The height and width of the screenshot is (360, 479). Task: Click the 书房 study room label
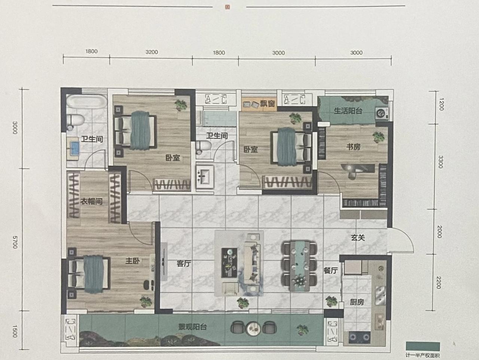click(x=353, y=147)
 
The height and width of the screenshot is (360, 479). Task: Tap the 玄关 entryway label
click(x=358, y=237)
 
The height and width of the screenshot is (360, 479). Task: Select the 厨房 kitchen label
click(x=357, y=302)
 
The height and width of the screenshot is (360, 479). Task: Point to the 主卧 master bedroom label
click(x=132, y=261)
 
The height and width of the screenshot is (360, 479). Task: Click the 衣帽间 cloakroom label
click(x=91, y=201)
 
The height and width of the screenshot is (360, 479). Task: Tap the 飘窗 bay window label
click(x=267, y=104)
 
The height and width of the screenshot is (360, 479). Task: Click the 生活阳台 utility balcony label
click(x=348, y=111)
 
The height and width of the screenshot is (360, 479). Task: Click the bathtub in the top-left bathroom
click(x=87, y=101)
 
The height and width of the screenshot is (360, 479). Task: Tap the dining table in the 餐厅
click(x=300, y=266)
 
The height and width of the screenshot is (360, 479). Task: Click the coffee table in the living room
click(x=229, y=262)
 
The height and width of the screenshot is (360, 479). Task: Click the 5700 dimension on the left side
click(x=15, y=242)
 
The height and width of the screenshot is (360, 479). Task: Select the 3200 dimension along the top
click(x=152, y=52)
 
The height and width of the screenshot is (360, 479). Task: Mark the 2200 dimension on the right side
click(x=439, y=282)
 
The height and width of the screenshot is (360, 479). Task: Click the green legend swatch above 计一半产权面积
click(x=423, y=347)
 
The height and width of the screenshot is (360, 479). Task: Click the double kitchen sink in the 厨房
click(x=380, y=295)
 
